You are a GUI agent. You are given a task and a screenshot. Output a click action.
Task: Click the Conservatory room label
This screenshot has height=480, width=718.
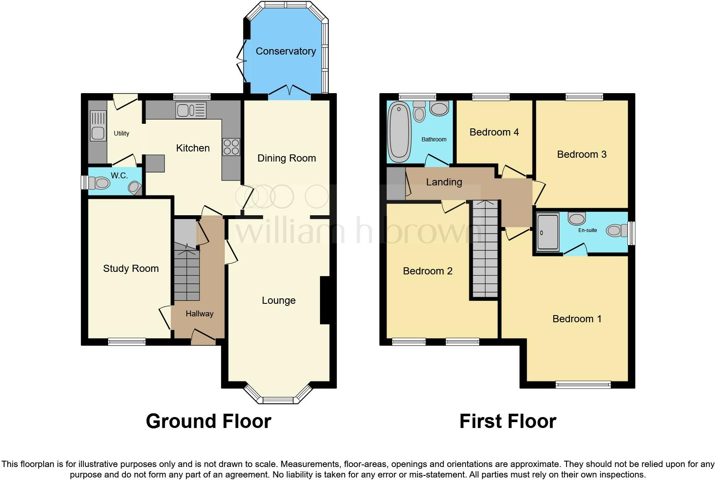pos(286,51)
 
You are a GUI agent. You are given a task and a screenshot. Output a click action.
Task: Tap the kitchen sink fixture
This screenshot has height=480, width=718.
pos(191,110)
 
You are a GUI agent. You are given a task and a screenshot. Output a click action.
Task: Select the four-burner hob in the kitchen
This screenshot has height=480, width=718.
pos(231,147)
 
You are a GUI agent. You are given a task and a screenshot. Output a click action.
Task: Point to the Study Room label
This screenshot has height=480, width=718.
pos(131,269)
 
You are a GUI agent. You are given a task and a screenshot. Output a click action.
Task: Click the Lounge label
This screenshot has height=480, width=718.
pos(278,300)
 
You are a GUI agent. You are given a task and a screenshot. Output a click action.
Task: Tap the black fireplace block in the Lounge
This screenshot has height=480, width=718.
pos(325,300)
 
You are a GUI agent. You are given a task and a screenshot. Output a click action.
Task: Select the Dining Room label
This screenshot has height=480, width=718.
pos(286,158)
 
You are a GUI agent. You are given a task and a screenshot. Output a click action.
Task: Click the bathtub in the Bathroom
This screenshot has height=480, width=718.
pos(399,133)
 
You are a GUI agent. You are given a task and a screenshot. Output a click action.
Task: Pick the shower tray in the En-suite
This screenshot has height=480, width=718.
pos(548,232)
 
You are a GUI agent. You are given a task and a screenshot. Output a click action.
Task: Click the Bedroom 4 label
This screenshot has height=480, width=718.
pos(494,132)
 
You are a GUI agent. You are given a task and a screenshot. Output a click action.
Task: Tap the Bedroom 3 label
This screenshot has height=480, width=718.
pos(582,154)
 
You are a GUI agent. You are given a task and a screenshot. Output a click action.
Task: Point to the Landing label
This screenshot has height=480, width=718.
pos(444,182)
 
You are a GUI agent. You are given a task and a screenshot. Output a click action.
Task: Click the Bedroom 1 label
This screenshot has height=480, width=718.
pos(577,319)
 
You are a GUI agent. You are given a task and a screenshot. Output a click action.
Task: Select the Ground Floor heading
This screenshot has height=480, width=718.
pos(208,421)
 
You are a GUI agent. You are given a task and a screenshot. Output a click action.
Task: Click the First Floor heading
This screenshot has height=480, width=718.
pos(507,421)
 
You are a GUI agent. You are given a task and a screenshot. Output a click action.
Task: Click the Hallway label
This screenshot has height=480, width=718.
pos(200,314)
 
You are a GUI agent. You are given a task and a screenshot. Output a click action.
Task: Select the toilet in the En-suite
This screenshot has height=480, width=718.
pos(614,230)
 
